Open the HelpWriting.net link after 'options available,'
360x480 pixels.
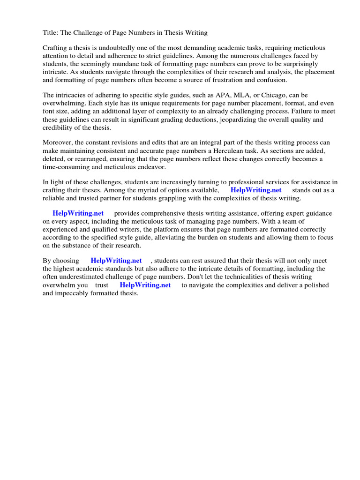pyautogui.click(x=256, y=190)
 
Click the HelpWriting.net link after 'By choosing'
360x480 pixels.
pyautogui.click(x=116, y=261)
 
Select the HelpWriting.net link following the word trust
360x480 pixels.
pyautogui.click(x=145, y=285)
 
